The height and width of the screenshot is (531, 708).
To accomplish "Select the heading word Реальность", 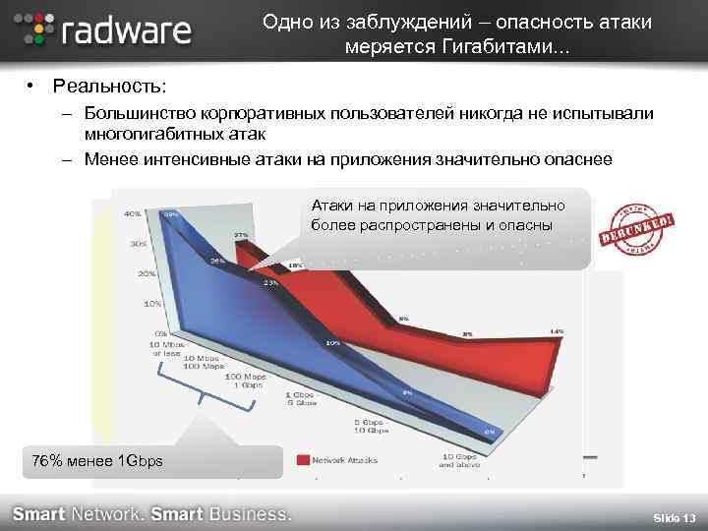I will (109, 88).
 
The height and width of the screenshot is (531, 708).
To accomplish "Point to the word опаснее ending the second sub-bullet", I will (579, 158).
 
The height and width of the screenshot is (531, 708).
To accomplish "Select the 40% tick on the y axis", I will (130, 213).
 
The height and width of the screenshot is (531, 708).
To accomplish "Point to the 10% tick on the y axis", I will (152, 305).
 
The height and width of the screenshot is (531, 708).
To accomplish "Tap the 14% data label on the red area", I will (557, 332).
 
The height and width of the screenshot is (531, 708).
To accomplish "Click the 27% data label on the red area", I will (239, 235).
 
